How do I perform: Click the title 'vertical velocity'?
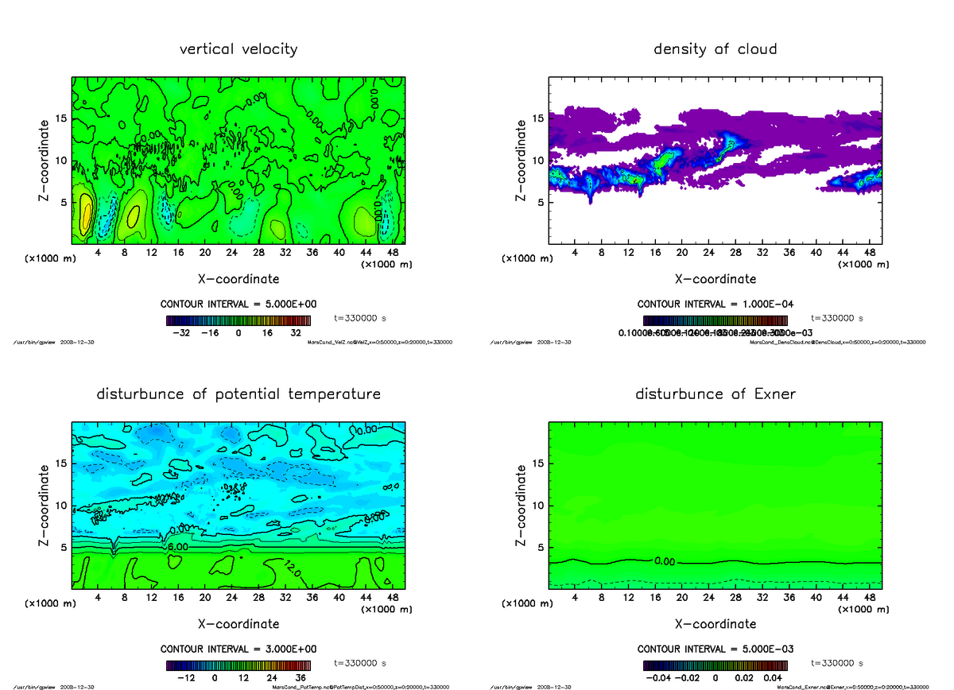(238, 49)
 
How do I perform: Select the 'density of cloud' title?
(715, 49)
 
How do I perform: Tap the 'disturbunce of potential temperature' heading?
(238, 394)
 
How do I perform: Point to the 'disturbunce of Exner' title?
(715, 394)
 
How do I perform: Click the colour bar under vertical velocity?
(238, 320)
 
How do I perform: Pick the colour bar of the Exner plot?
(715, 665)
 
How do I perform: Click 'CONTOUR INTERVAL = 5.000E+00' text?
(238, 304)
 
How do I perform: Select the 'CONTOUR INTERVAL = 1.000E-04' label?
(715, 304)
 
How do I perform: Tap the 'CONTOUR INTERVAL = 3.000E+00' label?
(238, 649)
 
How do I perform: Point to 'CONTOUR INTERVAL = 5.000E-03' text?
(715, 649)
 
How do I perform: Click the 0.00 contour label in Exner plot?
(665, 561)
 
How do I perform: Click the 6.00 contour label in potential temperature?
(177, 548)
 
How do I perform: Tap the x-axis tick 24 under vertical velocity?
(231, 253)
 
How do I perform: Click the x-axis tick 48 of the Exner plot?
(868, 598)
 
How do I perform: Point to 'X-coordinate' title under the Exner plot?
(715, 624)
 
